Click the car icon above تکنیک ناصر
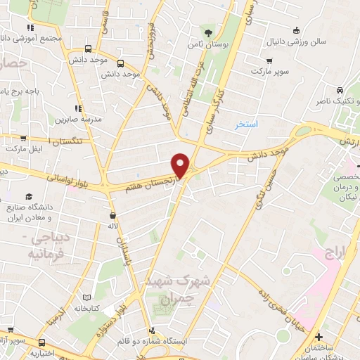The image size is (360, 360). [x=340, y=91]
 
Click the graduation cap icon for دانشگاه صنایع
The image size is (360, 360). [x=30, y=196]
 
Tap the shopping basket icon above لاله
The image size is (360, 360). [x=112, y=215]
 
